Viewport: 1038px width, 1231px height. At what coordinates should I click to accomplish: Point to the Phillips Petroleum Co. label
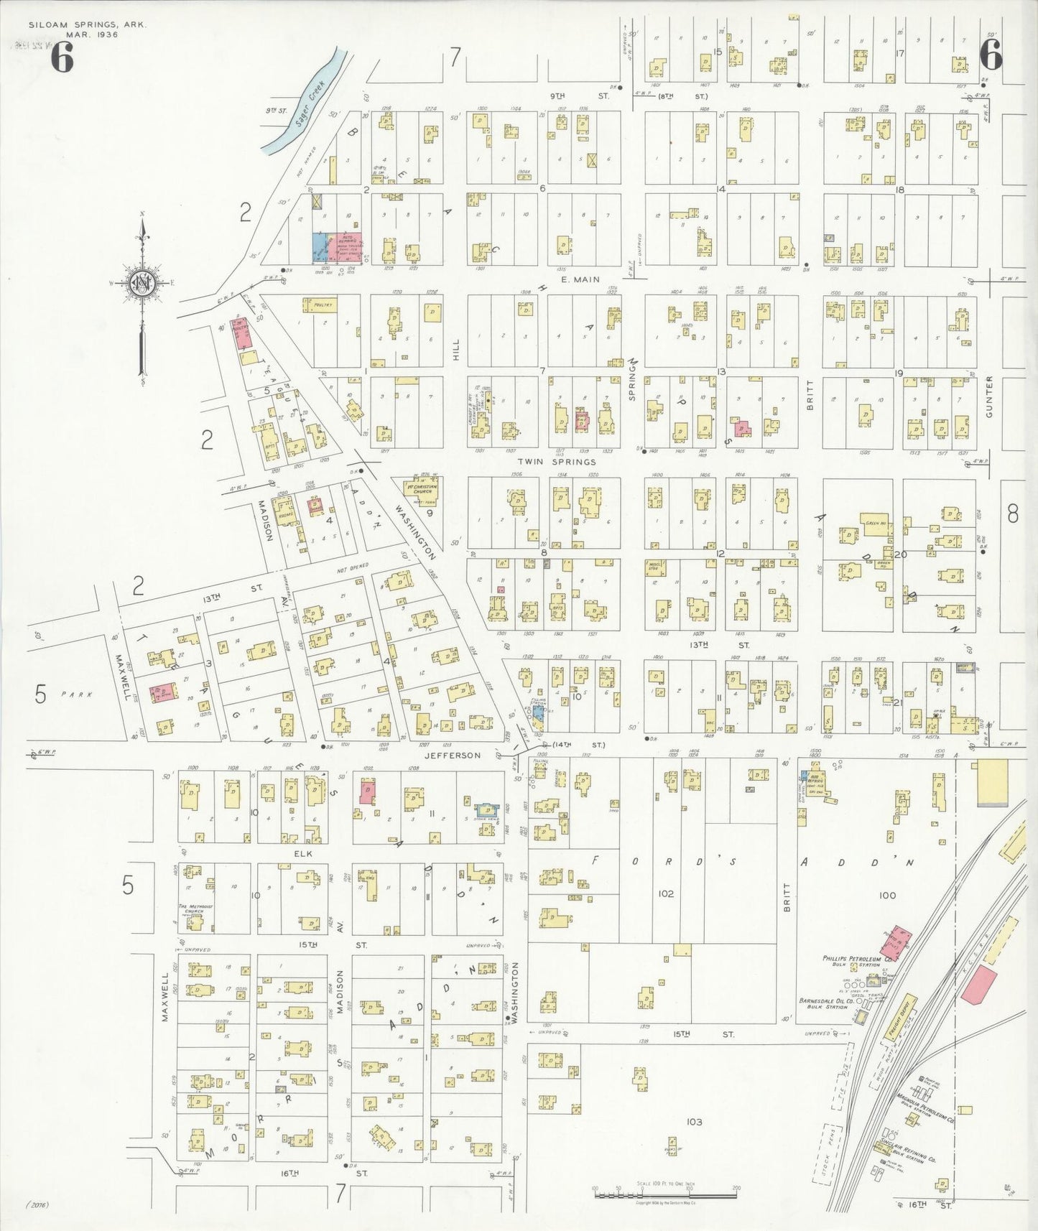coord(856,958)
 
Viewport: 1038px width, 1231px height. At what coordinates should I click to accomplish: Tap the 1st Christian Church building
coord(419,489)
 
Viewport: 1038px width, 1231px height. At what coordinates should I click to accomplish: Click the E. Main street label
coord(580,280)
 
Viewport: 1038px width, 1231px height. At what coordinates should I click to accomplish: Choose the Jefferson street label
coord(452,756)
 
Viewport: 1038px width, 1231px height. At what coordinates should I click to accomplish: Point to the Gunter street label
coord(989,396)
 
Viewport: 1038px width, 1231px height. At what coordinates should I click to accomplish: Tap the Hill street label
coord(455,350)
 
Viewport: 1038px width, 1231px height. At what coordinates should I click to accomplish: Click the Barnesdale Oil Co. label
coord(826,1001)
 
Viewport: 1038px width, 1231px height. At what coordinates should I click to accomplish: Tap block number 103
coord(693,1122)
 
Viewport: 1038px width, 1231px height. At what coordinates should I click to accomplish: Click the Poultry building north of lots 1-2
coord(320,306)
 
